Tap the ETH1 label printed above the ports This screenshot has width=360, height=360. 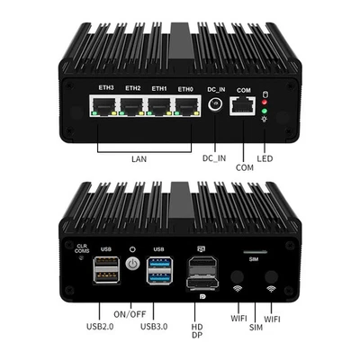[x=159, y=88]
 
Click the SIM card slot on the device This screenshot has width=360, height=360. [x=255, y=252]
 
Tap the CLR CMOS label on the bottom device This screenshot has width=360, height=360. [x=82, y=247]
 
